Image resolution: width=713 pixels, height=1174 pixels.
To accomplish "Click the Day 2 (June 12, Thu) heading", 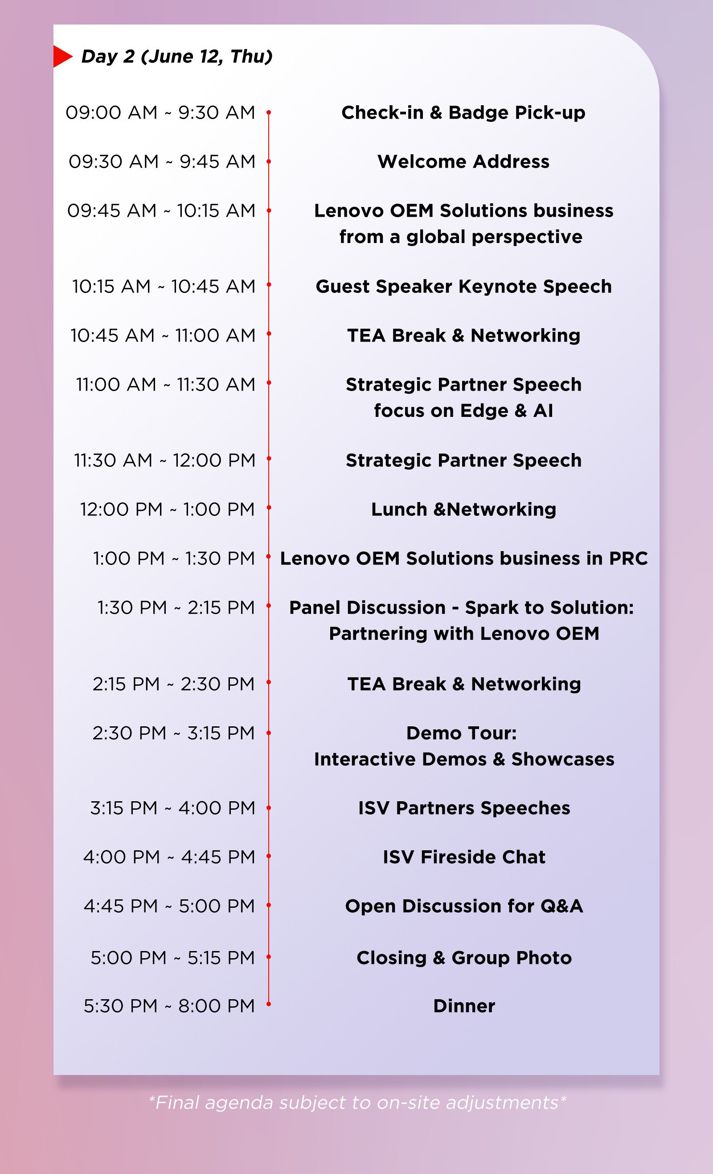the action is [x=177, y=57].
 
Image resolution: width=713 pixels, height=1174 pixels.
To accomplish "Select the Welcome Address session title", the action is [x=463, y=161].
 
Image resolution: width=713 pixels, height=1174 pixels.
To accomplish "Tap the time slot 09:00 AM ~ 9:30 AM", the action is [x=160, y=112].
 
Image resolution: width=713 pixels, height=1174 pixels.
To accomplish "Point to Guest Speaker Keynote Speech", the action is [x=463, y=286].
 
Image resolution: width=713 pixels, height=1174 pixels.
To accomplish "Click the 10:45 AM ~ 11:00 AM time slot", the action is [x=163, y=335].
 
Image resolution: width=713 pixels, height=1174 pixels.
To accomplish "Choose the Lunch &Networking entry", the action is [x=463, y=509].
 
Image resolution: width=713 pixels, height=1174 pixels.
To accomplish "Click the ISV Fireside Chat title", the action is [x=464, y=857].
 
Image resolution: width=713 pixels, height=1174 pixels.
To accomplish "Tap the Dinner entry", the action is [x=464, y=1006].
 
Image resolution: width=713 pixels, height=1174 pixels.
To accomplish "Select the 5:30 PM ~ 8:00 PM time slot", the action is [x=169, y=1006].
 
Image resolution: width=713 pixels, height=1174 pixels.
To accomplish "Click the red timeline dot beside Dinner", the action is [x=269, y=1004].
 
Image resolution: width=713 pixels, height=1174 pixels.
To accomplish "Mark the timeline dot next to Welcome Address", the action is [x=269, y=161].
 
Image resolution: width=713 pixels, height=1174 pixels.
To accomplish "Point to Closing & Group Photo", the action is [x=464, y=958].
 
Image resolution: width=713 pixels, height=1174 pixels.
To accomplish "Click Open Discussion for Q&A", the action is [x=464, y=906].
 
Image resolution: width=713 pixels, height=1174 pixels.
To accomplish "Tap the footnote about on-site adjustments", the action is [x=357, y=1103].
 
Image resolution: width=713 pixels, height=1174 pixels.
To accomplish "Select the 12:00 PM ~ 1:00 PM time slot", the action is [x=167, y=509].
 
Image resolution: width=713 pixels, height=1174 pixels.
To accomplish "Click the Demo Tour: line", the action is [x=461, y=733].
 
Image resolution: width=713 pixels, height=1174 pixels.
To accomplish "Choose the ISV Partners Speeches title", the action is [x=464, y=808].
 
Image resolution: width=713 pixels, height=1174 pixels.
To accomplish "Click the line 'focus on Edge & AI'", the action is [x=463, y=411].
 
